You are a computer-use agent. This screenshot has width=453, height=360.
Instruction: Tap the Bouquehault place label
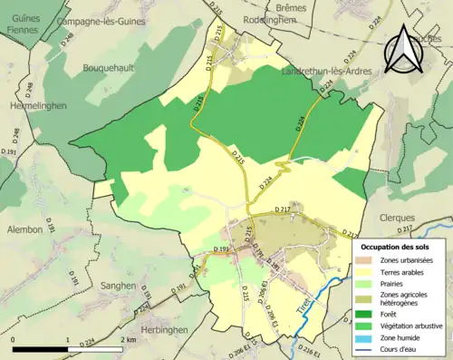click(111, 67)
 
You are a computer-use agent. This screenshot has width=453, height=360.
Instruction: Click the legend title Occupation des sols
click(397, 247)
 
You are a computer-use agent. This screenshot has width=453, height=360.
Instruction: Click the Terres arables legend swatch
click(369, 271)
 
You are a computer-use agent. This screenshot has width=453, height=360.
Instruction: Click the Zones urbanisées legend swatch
click(369, 259)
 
